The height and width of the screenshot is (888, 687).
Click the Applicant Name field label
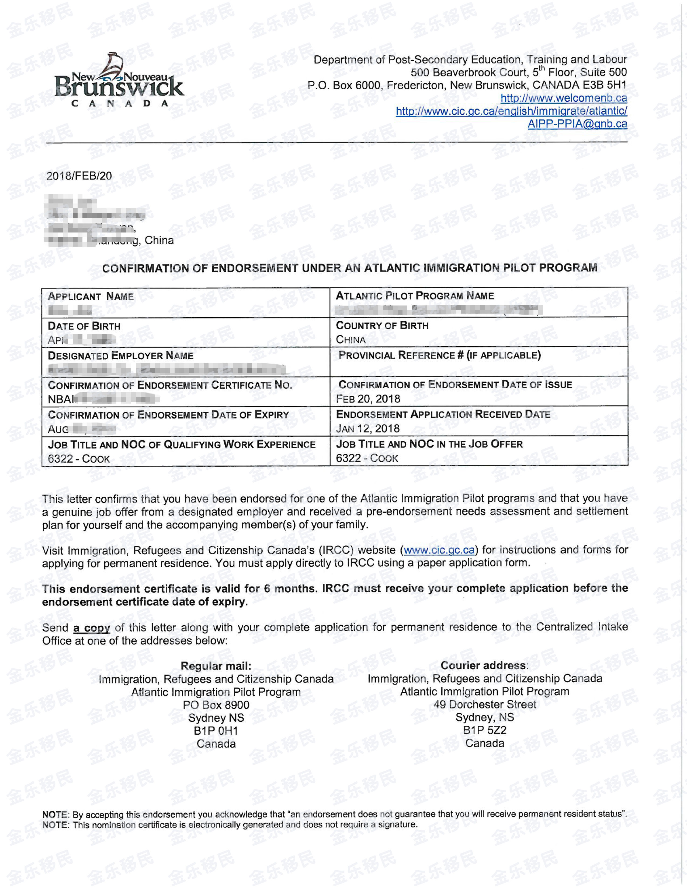[90, 297]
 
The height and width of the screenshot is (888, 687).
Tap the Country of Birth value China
[351, 340]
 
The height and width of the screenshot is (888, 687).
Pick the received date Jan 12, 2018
[367, 429]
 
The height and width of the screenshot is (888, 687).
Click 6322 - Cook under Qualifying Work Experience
[79, 459]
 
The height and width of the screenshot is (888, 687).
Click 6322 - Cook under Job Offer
[367, 458]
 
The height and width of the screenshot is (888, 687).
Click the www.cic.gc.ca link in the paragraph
[439, 550]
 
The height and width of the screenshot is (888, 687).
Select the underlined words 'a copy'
[92, 628]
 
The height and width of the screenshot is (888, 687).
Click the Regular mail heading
[216, 665]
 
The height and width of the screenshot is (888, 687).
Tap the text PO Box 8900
[216, 705]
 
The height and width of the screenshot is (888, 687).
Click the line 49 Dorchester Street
[485, 704]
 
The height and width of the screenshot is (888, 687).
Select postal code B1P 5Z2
[484, 730]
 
